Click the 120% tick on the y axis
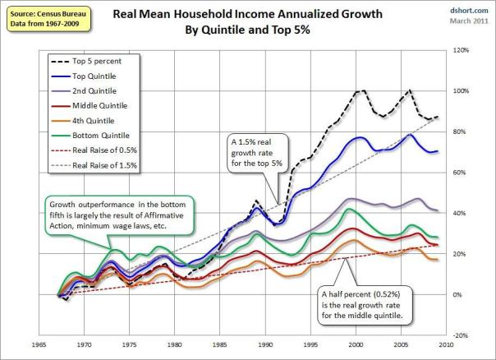(x=463, y=50)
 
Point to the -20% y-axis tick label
(x=463, y=335)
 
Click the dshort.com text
(x=469, y=11)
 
